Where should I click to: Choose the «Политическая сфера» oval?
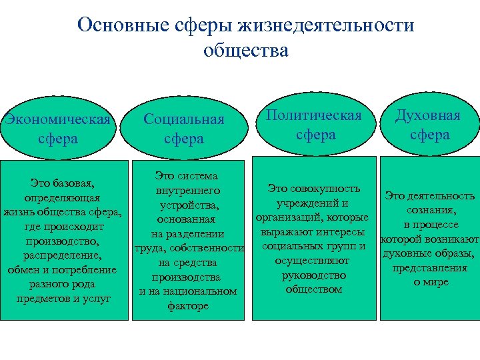point(313,125)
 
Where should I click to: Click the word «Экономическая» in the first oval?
point(59,120)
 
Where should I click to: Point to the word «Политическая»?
point(313,115)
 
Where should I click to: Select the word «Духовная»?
point(428,115)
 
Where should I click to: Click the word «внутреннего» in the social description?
point(187,191)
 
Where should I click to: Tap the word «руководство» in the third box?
point(313,275)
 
